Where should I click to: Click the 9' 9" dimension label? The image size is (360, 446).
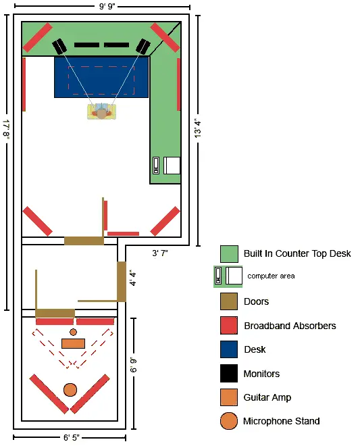click(107, 6)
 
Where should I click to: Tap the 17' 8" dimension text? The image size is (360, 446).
click(6, 130)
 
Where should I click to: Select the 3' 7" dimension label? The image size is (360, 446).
click(160, 253)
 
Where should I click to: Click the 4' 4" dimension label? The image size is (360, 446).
click(133, 278)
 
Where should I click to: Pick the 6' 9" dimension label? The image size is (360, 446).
click(133, 365)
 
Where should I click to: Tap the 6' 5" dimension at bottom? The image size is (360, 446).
click(72, 437)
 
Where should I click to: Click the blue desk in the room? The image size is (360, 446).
click(101, 77)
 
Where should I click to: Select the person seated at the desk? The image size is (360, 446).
click(101, 111)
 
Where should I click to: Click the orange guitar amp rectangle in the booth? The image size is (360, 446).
click(74, 343)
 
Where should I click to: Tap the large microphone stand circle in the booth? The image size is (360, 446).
click(70, 390)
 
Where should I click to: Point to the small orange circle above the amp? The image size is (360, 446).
click(74, 332)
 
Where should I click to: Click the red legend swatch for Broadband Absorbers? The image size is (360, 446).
click(229, 326)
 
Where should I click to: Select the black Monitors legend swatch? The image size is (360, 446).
click(229, 373)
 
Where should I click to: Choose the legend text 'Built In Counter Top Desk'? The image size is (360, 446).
click(297, 253)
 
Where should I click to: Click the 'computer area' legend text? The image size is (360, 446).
click(271, 276)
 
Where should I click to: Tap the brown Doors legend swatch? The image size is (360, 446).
click(229, 301)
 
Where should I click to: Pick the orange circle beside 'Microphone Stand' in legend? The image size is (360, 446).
click(229, 421)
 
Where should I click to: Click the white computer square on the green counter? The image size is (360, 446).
click(172, 166)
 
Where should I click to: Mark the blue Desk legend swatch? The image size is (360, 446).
click(229, 349)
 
